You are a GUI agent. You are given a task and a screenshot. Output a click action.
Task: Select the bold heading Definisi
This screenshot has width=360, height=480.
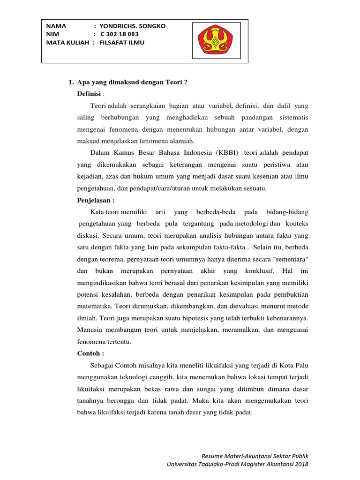tap(89, 94)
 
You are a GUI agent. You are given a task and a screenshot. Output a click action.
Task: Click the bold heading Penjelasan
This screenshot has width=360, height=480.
tap(96, 200)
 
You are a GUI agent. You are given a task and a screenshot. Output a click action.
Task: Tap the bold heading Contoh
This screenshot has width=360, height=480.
tap(90, 352)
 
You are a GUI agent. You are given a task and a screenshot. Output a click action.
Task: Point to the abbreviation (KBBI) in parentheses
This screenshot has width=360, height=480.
tap(227, 153)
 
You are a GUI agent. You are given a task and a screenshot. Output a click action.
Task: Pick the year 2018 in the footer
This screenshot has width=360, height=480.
tap(301, 464)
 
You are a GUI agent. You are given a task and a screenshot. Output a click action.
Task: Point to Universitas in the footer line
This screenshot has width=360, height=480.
tap(184, 464)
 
